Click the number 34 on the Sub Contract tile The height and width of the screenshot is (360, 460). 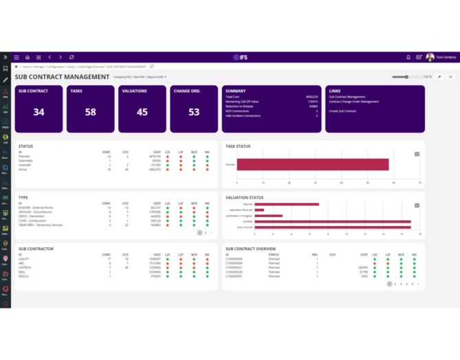pyautogui.click(x=39, y=112)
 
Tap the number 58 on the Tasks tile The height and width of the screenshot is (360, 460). pyautogui.click(x=91, y=112)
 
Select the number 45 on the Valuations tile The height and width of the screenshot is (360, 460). pyautogui.click(x=142, y=112)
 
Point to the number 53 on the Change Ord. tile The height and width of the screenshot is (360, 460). pyautogui.click(x=194, y=112)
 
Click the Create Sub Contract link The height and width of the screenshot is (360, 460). pyautogui.click(x=342, y=111)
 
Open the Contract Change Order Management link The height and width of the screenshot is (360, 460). pyautogui.click(x=354, y=102)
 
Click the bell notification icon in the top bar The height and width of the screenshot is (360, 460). pyautogui.click(x=408, y=57)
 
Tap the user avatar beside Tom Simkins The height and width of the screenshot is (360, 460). pyautogui.click(x=430, y=57)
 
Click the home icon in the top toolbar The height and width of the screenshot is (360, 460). pyautogui.click(x=28, y=57)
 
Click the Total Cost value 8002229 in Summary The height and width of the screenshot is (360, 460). pyautogui.click(x=312, y=97)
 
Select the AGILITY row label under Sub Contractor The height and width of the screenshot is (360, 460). pyautogui.click(x=25, y=259)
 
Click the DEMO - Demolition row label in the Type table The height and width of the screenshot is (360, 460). pyautogui.click(x=31, y=216)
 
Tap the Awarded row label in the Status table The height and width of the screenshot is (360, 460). pyautogui.click(x=25, y=165)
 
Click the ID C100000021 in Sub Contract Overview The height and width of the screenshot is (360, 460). pyautogui.click(x=234, y=267)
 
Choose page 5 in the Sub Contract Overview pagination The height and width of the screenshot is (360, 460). pyautogui.click(x=412, y=283)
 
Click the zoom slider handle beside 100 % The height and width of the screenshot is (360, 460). pyautogui.click(x=407, y=77)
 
